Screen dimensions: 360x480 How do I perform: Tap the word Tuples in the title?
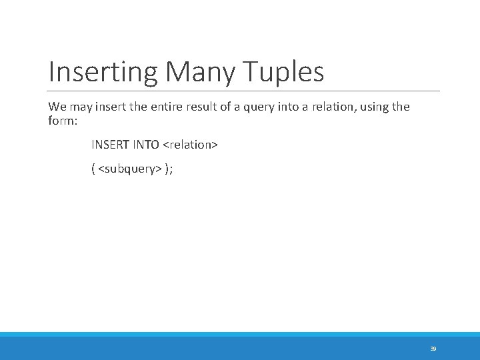click(283, 72)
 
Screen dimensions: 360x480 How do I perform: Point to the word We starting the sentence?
click(57, 107)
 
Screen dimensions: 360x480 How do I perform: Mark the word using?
click(374, 107)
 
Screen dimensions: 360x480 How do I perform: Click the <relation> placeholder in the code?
click(191, 145)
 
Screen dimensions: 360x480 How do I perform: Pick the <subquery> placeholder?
click(129, 169)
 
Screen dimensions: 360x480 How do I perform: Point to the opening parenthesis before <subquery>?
click(93, 169)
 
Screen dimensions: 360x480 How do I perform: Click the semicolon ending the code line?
click(171, 170)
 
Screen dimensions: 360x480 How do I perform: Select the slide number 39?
click(433, 348)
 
